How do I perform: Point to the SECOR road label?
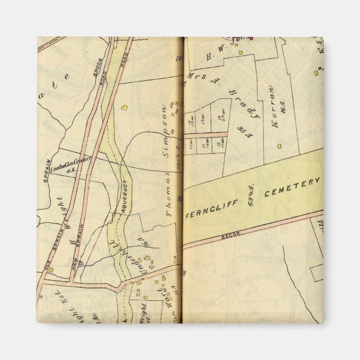click(230, 234)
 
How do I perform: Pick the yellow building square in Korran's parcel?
click(279, 146)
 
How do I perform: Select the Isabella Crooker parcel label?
click(70, 164)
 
